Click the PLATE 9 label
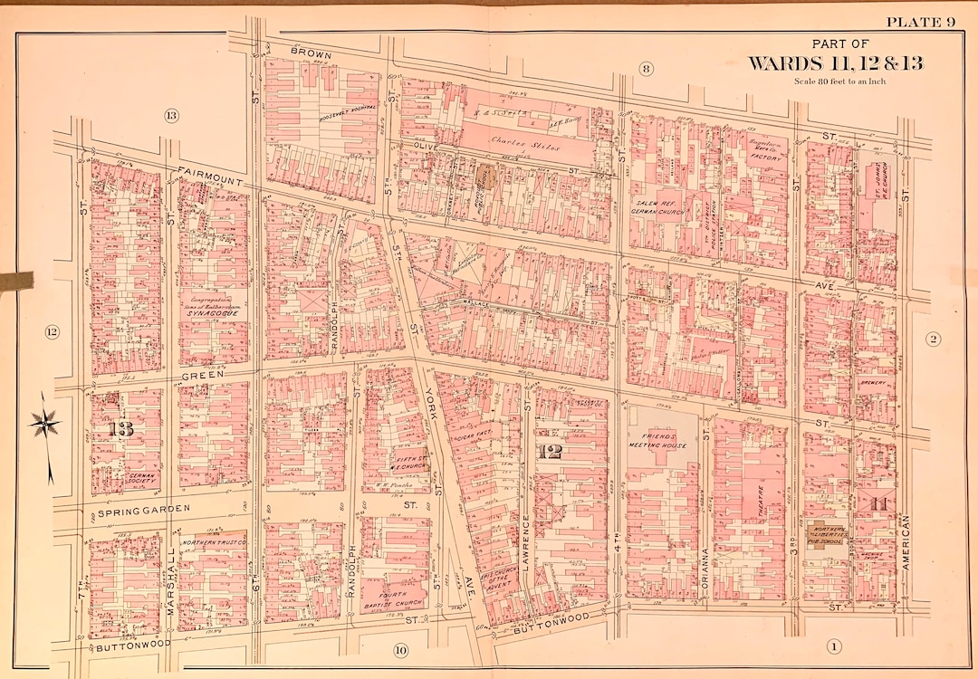[x=920, y=23]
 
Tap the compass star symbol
[x=44, y=422]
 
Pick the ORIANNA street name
[x=705, y=565]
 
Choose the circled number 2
[x=933, y=339]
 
